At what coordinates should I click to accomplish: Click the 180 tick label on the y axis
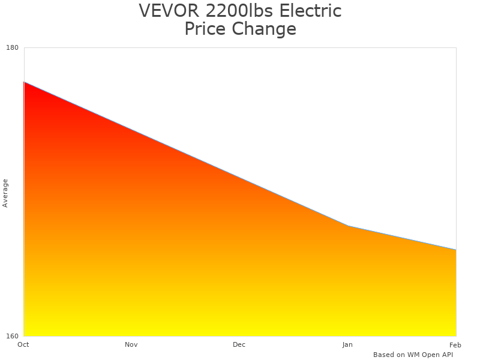tap(13, 48)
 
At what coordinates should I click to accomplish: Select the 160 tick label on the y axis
tap(13, 336)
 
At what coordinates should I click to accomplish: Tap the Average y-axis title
tap(5, 193)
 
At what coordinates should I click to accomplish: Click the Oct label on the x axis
tap(23, 344)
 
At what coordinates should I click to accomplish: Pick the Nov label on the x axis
tap(131, 344)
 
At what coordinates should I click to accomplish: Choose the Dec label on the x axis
tap(239, 344)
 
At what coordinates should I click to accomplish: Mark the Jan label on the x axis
tap(347, 344)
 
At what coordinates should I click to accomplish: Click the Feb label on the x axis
tap(455, 344)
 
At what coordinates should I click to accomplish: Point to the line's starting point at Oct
tap(24, 82)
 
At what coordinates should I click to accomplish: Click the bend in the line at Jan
tap(348, 226)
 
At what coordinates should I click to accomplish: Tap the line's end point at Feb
tap(456, 250)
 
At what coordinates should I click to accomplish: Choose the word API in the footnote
tap(448, 355)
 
